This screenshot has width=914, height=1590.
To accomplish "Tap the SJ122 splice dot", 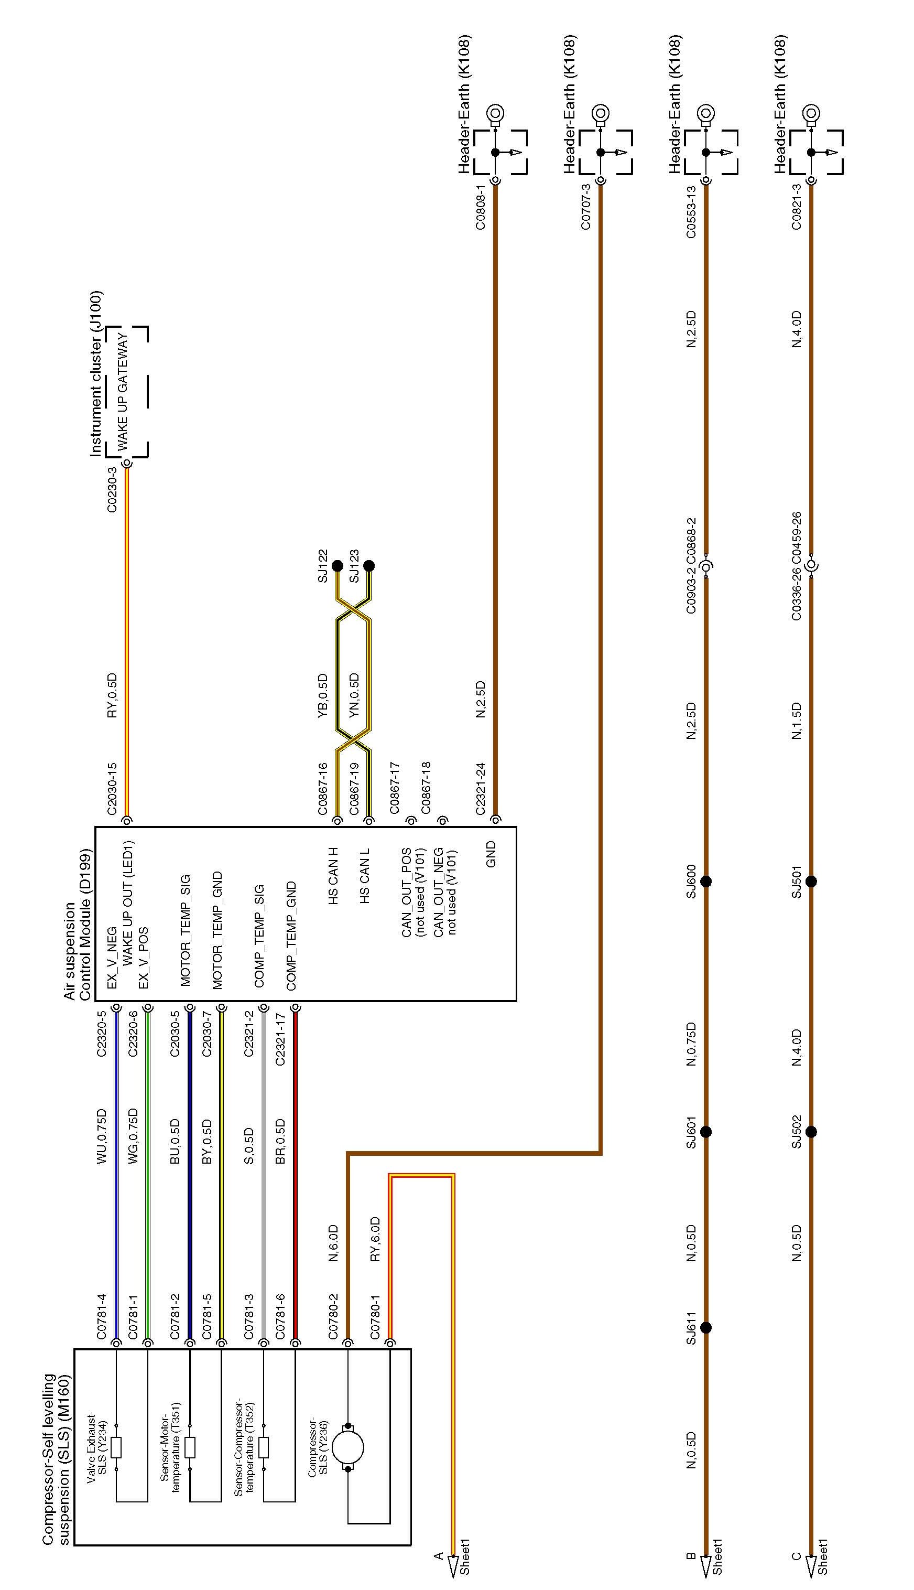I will tap(337, 566).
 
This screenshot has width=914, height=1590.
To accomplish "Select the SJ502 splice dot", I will tap(811, 1132).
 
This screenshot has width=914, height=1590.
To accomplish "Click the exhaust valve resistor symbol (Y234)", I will tap(116, 1447).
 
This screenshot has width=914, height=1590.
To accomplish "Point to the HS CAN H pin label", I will tap(333, 875).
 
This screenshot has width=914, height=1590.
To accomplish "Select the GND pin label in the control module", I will tap(492, 854).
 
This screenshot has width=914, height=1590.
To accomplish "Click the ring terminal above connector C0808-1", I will tap(495, 114).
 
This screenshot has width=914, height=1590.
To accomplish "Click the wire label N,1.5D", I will tap(797, 721).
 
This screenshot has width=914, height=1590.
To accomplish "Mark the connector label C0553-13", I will tap(691, 212).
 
